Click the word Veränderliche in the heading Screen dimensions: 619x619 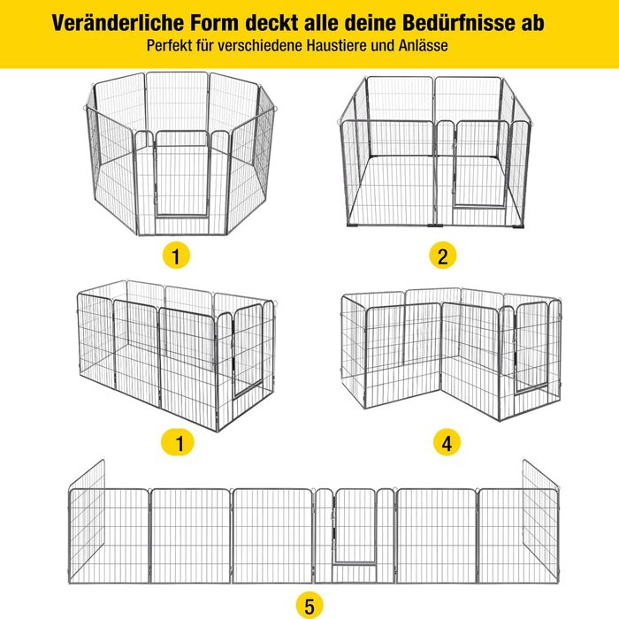[118, 23]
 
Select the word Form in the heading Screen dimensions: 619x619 [215, 23]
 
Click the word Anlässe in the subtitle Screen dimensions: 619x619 [423, 45]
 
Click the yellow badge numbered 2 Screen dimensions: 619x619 [443, 256]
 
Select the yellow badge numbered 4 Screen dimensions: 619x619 [447, 442]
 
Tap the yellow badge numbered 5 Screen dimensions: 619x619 [309, 606]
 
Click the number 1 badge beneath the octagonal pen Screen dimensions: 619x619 [176, 256]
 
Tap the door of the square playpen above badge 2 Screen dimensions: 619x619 [481, 164]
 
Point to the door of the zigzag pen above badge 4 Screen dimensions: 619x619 [531, 348]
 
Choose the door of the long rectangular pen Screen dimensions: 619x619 [248, 351]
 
